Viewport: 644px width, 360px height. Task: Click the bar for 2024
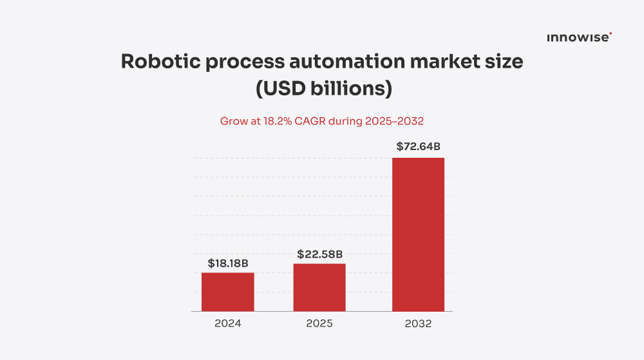(227, 292)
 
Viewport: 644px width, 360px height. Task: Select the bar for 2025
(319, 287)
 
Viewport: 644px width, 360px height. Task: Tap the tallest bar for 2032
(418, 234)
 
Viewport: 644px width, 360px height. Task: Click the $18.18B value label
(228, 263)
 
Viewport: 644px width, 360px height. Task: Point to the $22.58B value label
(319, 254)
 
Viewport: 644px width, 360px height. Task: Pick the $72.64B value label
(418, 147)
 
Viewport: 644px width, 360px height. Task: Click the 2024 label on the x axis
(227, 323)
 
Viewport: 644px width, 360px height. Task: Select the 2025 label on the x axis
(319, 323)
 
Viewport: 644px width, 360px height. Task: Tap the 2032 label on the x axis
(418, 323)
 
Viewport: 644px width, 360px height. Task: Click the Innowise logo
(578, 38)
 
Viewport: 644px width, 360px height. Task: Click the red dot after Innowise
(611, 34)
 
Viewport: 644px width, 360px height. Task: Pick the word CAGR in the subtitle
(310, 120)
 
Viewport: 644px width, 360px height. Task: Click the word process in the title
(238, 63)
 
